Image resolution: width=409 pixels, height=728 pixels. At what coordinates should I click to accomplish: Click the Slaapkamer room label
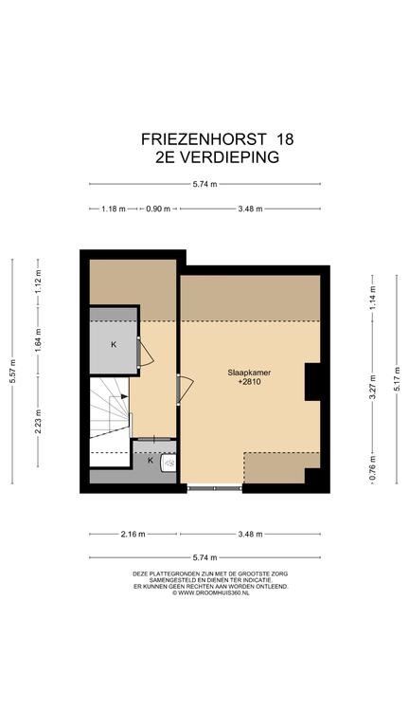pyautogui.click(x=249, y=372)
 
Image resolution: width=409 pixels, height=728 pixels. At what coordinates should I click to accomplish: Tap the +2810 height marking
pyautogui.click(x=249, y=383)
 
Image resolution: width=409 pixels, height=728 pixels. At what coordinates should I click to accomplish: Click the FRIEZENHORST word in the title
pyautogui.click(x=204, y=139)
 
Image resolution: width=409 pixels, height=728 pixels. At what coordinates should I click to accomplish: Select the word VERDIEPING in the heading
pyautogui.click(x=229, y=157)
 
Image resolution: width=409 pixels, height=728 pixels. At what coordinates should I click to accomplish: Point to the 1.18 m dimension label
pyautogui.click(x=114, y=209)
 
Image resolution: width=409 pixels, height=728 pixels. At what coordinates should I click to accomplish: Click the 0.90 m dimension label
pyautogui.click(x=159, y=209)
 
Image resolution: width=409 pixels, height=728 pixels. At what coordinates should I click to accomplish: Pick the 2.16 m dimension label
pyautogui.click(x=133, y=534)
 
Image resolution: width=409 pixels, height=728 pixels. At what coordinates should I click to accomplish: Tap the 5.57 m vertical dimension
pyautogui.click(x=13, y=371)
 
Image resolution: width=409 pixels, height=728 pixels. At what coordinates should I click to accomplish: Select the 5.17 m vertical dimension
pyautogui.click(x=397, y=379)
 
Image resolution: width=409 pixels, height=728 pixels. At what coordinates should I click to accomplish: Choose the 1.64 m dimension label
pyautogui.click(x=39, y=340)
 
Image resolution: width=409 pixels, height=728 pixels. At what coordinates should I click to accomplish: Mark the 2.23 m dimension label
pyautogui.click(x=39, y=421)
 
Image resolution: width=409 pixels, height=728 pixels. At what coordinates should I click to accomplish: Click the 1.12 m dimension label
pyautogui.click(x=39, y=282)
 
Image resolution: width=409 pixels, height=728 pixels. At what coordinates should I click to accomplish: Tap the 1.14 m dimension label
pyautogui.click(x=372, y=298)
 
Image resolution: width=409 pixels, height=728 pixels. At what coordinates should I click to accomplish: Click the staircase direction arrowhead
pyautogui.click(x=124, y=396)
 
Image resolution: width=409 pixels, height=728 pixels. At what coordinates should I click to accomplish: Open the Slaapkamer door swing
pyautogui.click(x=186, y=389)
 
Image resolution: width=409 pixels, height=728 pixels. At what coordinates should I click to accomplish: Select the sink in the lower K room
pyautogui.click(x=169, y=463)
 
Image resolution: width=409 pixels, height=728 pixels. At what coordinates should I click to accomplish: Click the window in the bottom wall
pyautogui.click(x=215, y=488)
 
